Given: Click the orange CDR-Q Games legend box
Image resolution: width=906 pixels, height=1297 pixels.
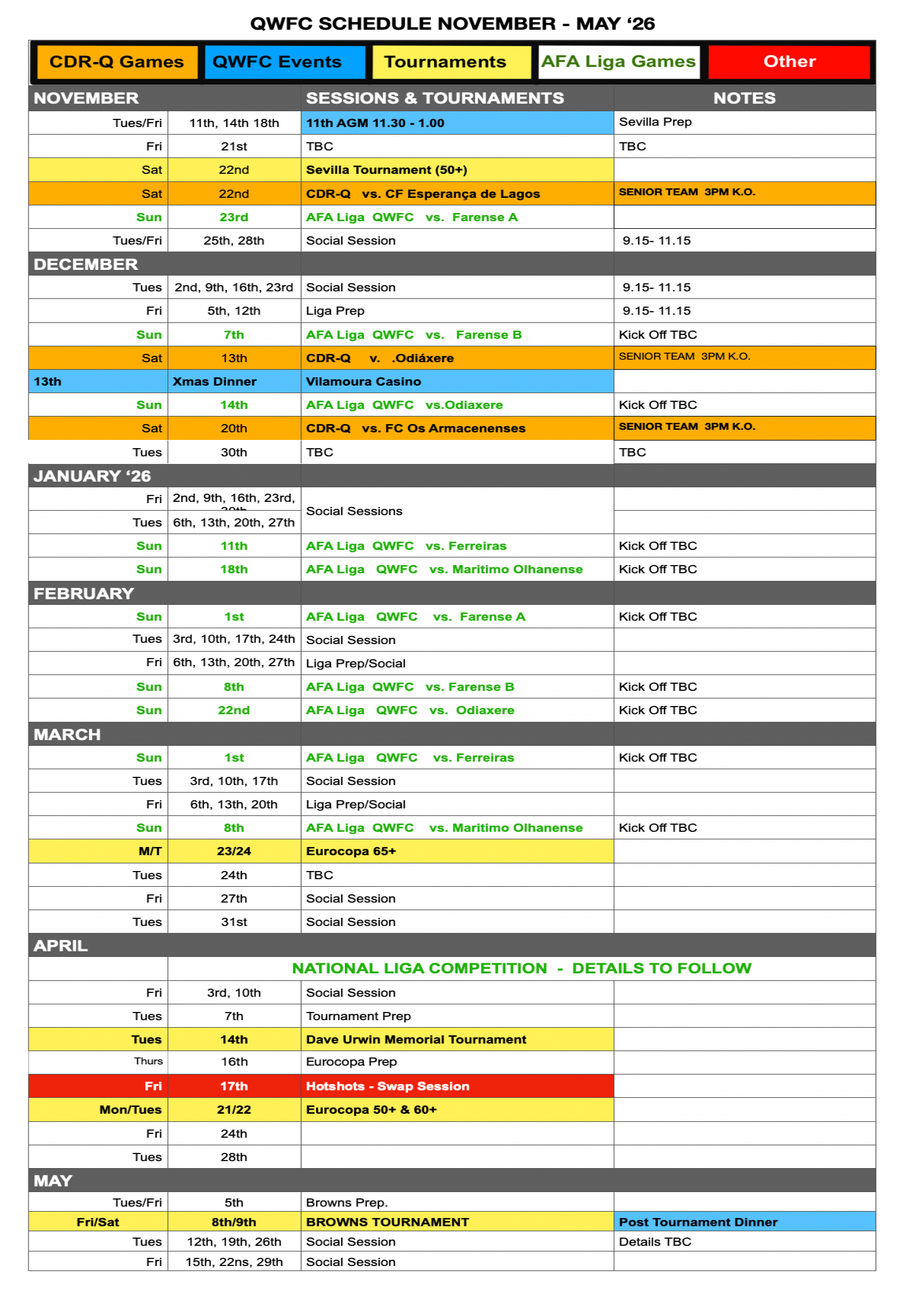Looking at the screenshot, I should (117, 62).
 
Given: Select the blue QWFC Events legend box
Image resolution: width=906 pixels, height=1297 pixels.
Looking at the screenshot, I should (284, 62).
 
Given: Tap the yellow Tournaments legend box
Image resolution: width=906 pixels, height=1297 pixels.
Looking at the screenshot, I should (451, 62).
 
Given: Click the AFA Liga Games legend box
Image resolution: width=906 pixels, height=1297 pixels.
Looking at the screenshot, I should (619, 62).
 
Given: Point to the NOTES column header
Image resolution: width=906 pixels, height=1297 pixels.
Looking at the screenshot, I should (744, 98).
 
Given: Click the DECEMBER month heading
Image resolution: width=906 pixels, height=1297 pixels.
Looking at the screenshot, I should (86, 264).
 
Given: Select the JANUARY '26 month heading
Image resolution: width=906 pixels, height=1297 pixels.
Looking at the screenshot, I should (92, 476).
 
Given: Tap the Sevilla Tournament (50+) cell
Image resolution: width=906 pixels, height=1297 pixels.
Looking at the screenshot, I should (387, 170).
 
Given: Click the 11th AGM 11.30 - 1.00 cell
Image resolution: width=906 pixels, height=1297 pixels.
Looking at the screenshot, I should (375, 123).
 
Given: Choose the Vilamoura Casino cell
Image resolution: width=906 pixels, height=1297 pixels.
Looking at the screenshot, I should (363, 382).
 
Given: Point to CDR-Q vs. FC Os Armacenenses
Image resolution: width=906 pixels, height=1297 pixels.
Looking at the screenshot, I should (416, 429).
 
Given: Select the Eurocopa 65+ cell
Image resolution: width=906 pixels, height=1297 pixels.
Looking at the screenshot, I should (351, 851).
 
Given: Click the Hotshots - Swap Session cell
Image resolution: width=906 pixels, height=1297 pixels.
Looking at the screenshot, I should (388, 1087).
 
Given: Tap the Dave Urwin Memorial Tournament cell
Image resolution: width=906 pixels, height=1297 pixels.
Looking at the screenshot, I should (416, 1040).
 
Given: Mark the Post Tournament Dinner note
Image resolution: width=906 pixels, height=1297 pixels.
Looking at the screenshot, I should (698, 1222).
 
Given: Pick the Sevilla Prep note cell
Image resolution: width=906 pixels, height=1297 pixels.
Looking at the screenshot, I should (655, 122).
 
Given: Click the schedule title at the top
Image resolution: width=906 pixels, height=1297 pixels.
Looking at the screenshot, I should (452, 24).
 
